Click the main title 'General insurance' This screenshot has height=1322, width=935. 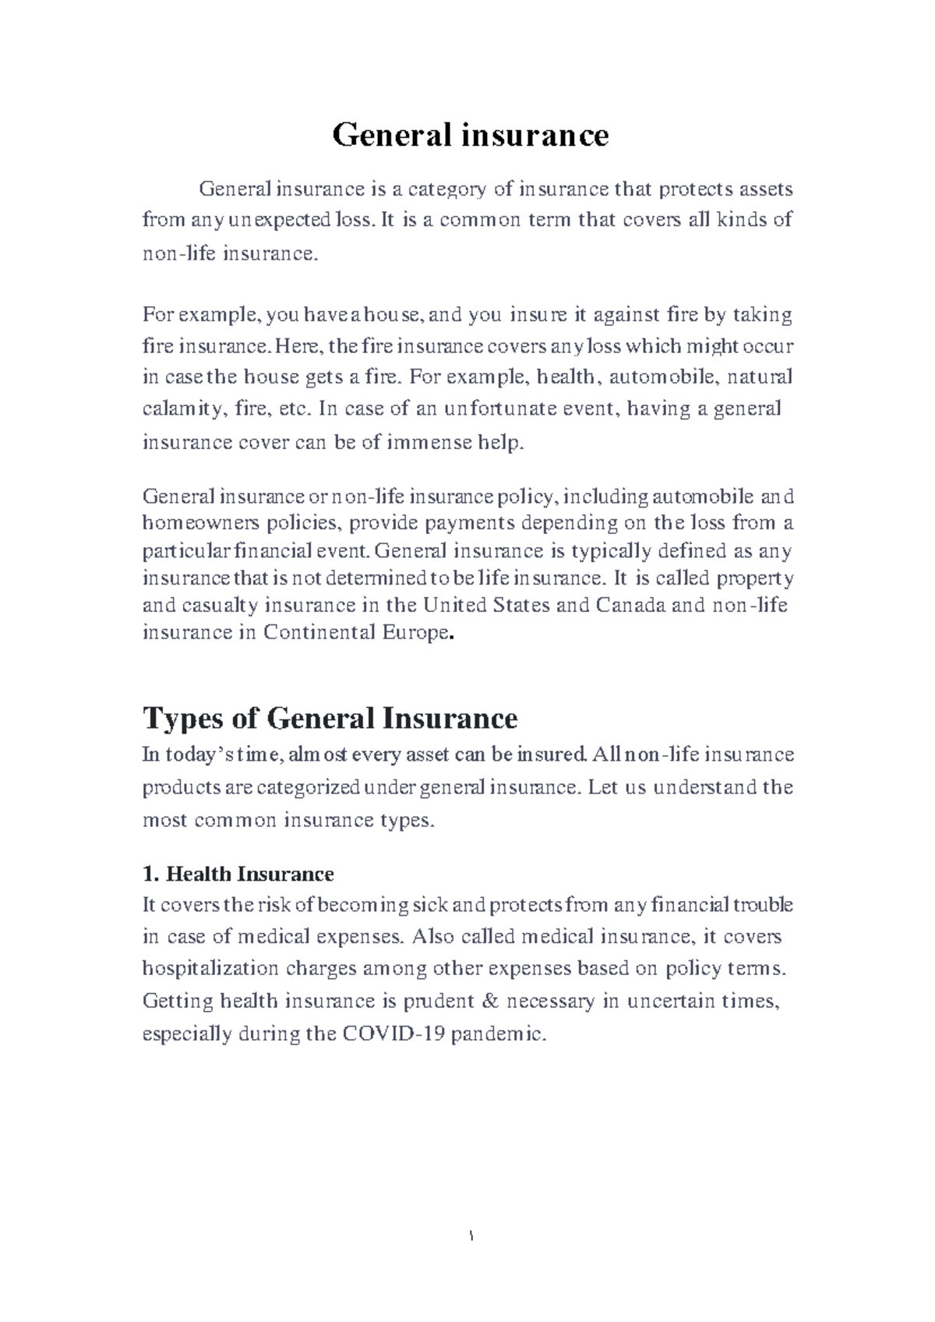point(470,136)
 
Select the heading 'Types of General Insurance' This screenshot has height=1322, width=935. point(330,718)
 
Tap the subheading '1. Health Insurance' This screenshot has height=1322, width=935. point(238,874)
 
